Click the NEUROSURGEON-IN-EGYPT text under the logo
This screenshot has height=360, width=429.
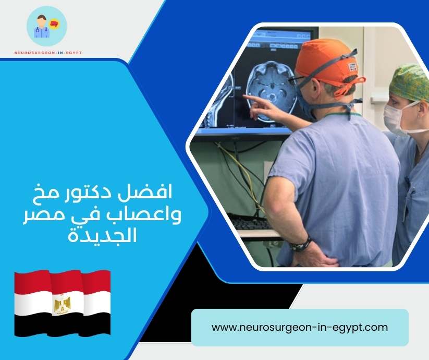(46, 52)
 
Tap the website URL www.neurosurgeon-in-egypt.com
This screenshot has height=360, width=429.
(300, 328)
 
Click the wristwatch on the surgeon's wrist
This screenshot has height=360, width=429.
(301, 244)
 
